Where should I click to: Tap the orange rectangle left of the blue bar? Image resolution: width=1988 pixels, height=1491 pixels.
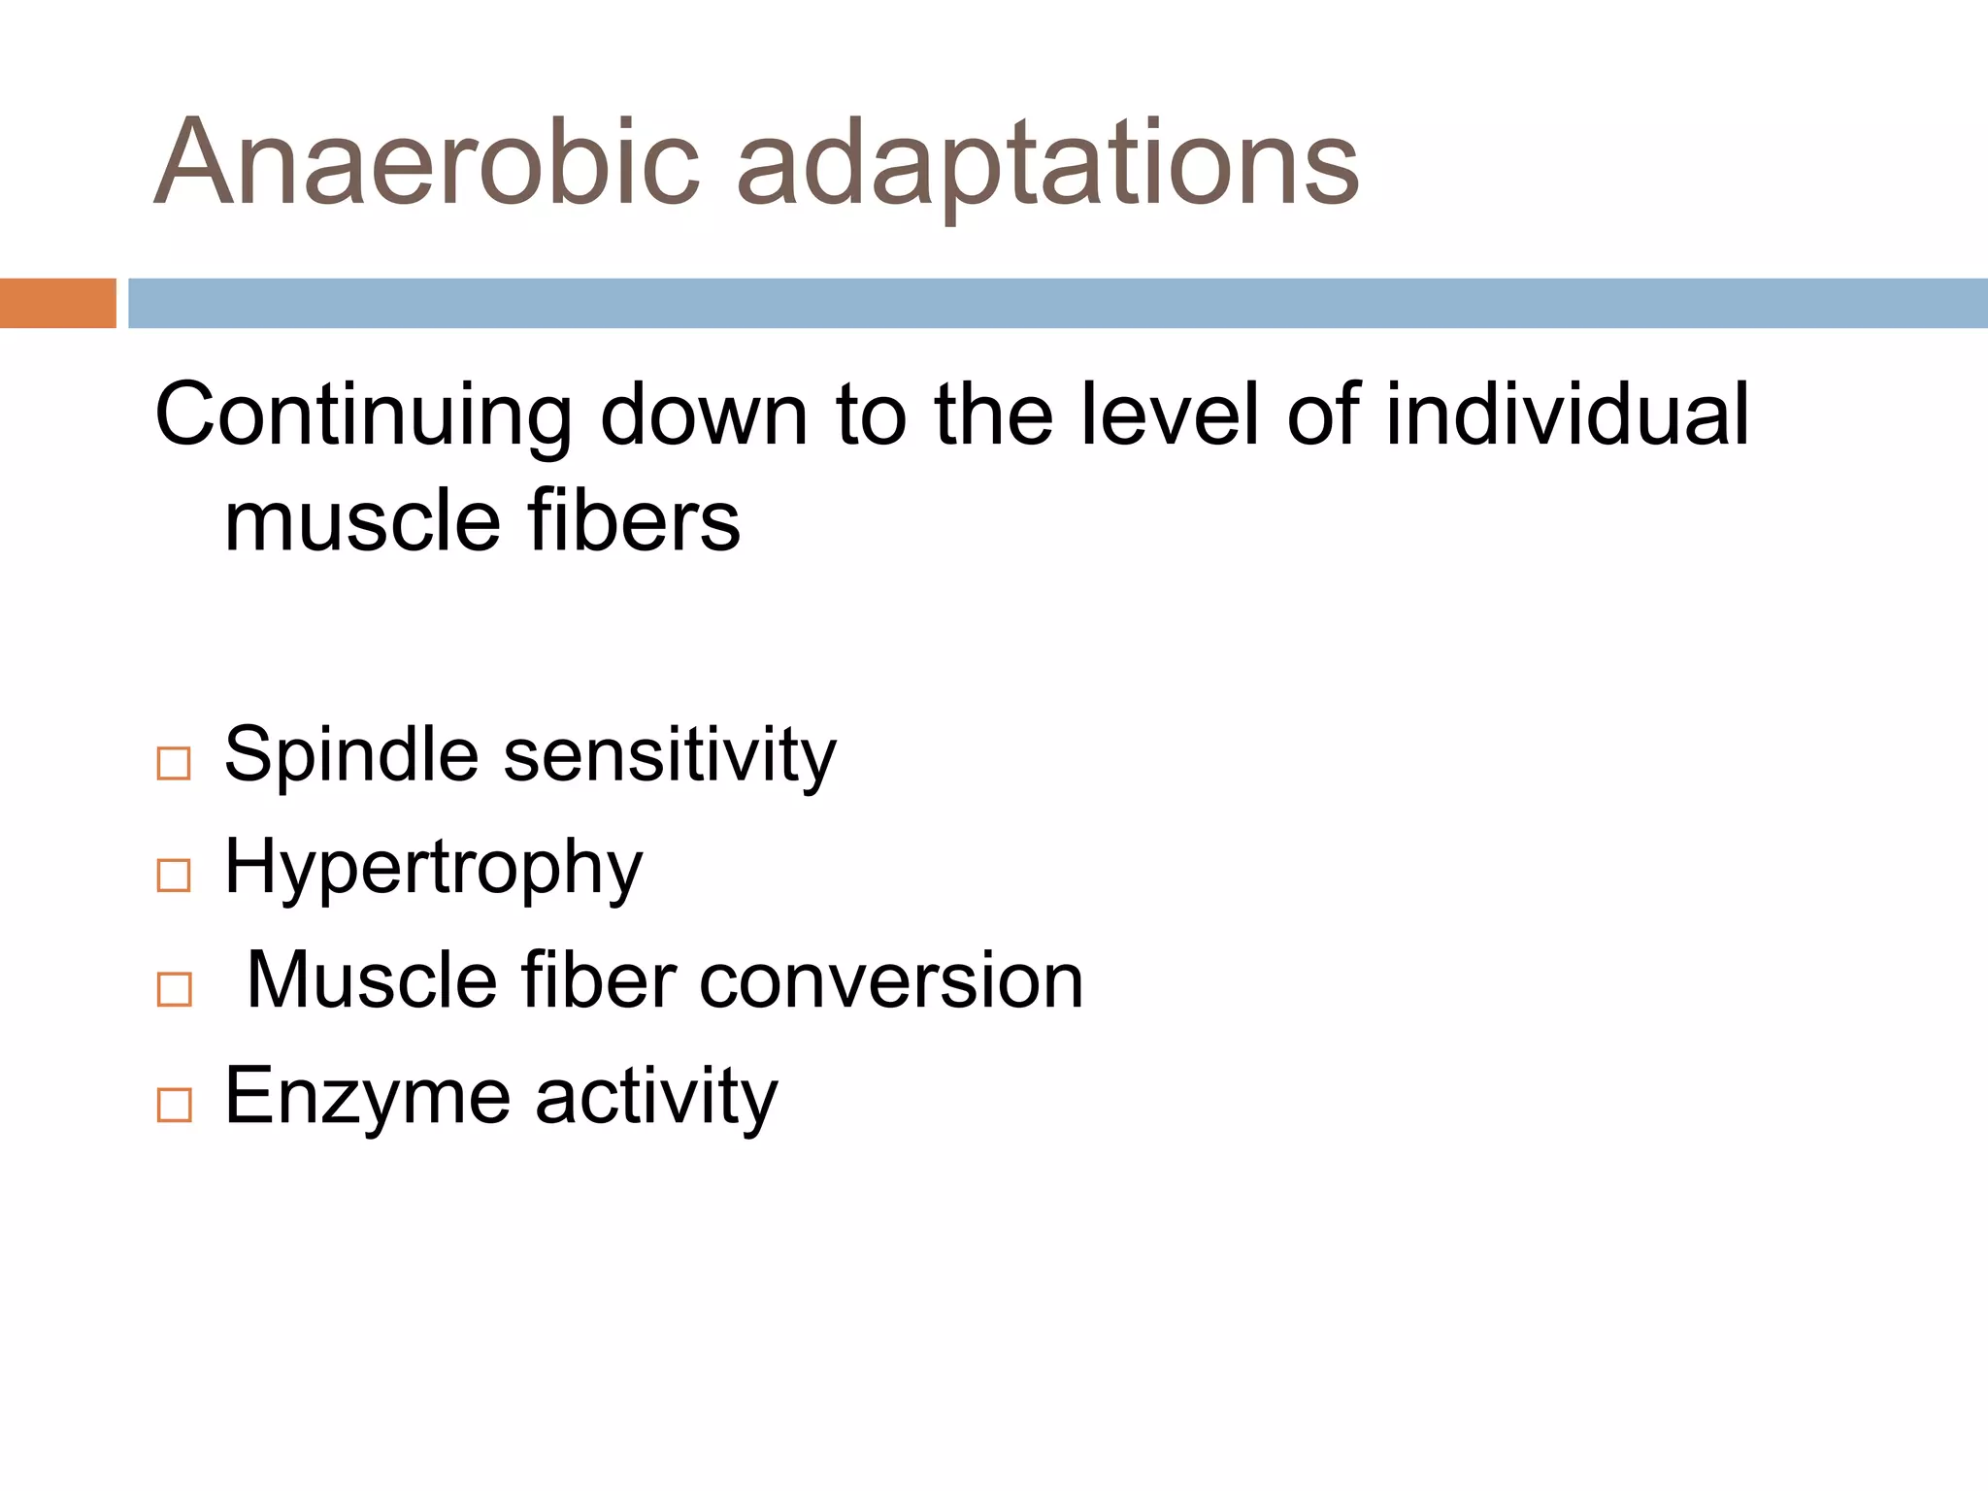(57, 303)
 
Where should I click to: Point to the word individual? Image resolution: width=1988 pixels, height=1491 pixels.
(1567, 414)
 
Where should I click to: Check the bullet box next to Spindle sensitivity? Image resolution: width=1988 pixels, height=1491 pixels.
(174, 764)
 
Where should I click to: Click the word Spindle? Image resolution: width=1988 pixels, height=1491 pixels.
(350, 756)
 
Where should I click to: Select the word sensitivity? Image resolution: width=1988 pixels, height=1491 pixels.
(669, 756)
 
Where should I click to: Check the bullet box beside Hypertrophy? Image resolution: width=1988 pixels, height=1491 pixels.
(174, 876)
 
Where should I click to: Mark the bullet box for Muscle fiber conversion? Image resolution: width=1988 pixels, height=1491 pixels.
(174, 990)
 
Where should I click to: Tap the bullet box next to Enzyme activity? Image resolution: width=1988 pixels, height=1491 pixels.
(174, 1105)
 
